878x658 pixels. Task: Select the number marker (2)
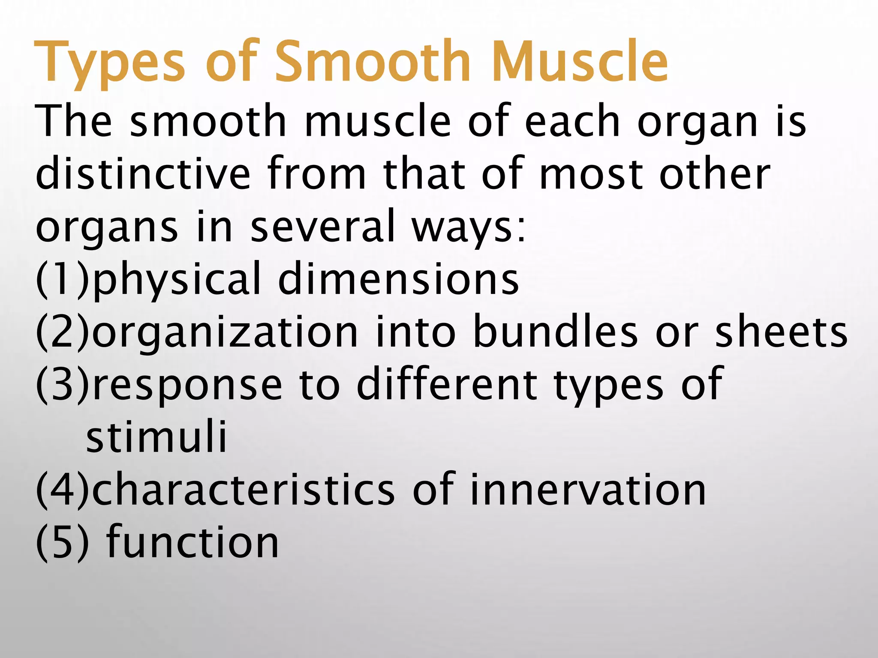pos(63,332)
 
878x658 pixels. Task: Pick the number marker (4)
pos(63,490)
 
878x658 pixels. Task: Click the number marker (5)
pos(63,543)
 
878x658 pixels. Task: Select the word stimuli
pos(156,437)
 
